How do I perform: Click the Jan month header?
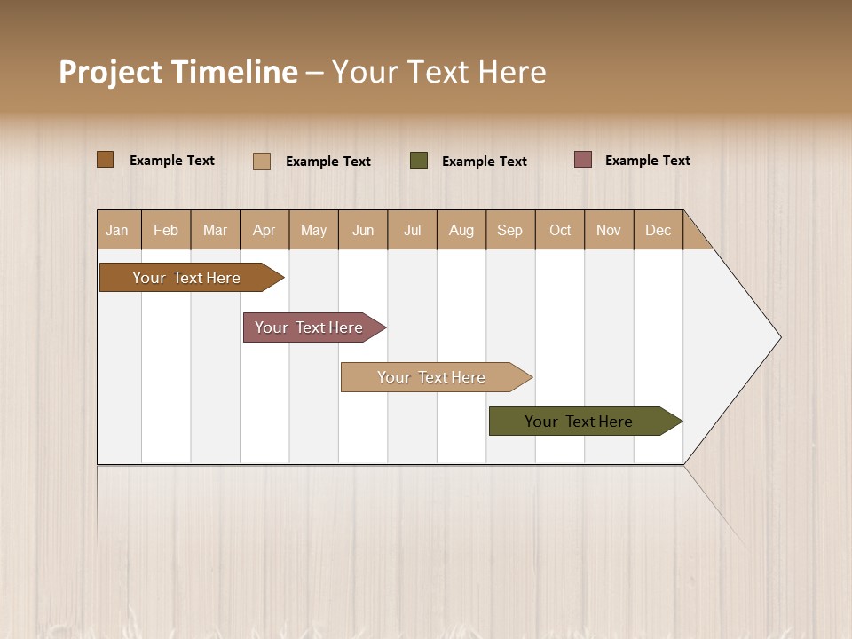(x=118, y=230)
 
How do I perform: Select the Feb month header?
(x=166, y=230)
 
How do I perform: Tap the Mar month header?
(x=215, y=230)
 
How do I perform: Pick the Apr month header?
(x=264, y=230)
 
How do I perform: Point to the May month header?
(x=313, y=230)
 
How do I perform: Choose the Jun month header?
(x=363, y=230)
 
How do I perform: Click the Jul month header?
(x=412, y=230)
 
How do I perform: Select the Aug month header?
(x=461, y=230)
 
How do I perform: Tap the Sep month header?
(x=510, y=230)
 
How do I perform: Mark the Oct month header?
(x=560, y=230)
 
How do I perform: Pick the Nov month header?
(x=609, y=230)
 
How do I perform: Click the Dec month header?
(x=659, y=230)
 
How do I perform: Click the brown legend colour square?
(x=106, y=160)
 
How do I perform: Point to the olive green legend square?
(x=419, y=161)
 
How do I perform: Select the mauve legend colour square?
(x=582, y=160)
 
